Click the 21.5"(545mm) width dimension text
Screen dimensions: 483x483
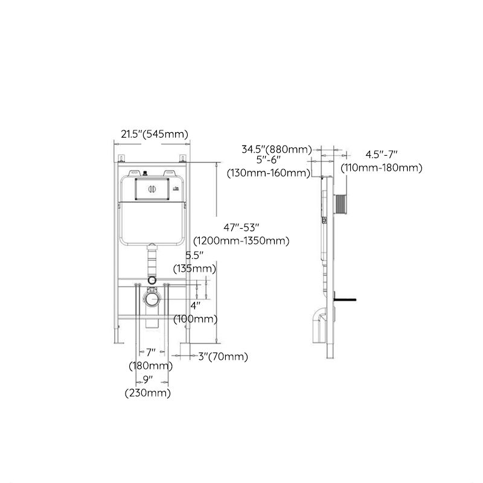[155, 134]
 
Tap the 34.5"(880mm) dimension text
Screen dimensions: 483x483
[276, 149]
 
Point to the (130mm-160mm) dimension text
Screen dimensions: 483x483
[268, 173]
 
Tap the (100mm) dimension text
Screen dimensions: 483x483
[196, 318]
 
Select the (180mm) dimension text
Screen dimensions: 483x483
[150, 365]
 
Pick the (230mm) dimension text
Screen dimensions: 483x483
[147, 393]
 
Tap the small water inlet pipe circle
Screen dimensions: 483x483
[152, 280]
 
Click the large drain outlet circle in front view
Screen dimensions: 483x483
[152, 298]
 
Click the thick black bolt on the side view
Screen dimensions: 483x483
[347, 298]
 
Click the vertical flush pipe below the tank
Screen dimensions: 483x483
[152, 261]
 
